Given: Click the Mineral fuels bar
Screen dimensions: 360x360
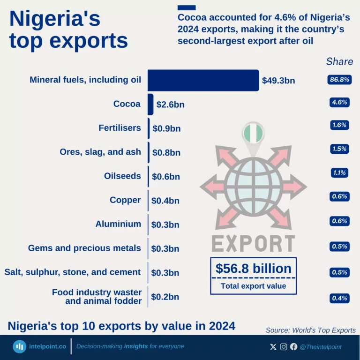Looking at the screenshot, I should (203, 80).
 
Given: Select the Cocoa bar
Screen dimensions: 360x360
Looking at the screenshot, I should (150, 104).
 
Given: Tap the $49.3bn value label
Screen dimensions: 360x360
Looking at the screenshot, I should (278, 81).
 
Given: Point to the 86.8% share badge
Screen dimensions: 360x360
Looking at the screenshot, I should (339, 80).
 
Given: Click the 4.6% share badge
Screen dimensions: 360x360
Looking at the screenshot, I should (339, 102).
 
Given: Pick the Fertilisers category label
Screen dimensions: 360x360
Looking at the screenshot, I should (120, 127).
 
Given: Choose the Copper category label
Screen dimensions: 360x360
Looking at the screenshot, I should (125, 200).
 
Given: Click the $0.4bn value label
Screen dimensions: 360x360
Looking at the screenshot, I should (165, 201).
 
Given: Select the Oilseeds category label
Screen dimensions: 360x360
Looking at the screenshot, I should (122, 176).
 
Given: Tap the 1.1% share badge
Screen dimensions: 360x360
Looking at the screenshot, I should (339, 172).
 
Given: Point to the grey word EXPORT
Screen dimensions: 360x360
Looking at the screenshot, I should (253, 244).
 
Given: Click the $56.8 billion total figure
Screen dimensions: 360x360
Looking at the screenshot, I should (253, 269).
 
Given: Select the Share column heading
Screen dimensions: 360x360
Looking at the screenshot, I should (339, 61).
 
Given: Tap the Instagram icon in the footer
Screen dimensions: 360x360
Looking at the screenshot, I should (284, 347).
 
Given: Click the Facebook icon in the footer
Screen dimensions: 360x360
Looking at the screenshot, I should (293, 347).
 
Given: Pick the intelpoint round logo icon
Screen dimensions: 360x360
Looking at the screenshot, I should (19, 346).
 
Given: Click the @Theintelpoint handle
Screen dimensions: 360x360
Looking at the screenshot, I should (321, 347).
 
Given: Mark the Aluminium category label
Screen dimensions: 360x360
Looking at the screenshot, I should (118, 224).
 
